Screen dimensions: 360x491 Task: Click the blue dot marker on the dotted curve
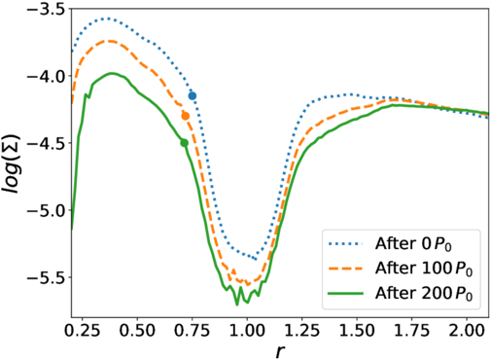coord(193,95)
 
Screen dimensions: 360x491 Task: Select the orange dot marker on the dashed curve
coord(186,116)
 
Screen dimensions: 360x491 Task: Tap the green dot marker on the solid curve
coord(184,143)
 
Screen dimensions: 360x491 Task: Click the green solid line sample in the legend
coord(348,292)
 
